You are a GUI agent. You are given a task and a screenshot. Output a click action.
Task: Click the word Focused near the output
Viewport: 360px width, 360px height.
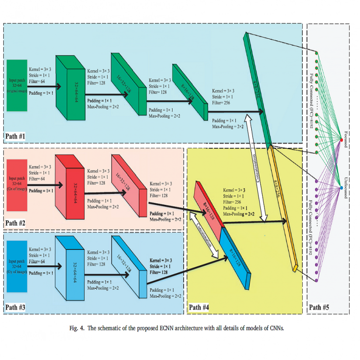pos(346,139)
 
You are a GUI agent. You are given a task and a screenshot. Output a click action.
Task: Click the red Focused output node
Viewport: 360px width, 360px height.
pos(341,139)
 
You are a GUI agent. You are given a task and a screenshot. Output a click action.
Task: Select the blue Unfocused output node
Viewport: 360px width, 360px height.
pos(341,187)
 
